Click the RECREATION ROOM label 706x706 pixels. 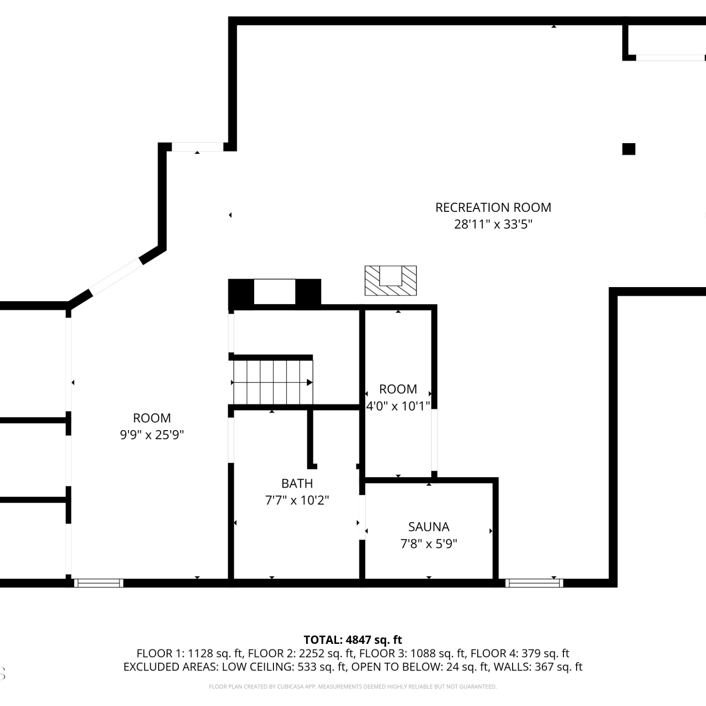(493, 208)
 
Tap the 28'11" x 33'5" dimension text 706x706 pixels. (493, 224)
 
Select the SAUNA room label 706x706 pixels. (429, 527)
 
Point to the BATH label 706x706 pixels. (297, 483)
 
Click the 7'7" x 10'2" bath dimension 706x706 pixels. (297, 500)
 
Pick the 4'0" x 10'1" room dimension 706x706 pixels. (398, 406)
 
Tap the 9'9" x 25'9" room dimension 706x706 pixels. (152, 434)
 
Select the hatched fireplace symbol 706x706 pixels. (391, 281)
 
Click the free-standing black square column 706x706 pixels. (629, 149)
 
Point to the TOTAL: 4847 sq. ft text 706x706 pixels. (353, 640)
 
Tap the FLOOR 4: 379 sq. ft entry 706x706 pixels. (520, 653)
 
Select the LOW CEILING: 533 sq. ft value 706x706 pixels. (284, 667)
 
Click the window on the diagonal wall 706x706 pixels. (116, 277)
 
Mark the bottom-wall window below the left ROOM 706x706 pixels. (99, 583)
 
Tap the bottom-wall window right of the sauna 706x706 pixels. (534, 583)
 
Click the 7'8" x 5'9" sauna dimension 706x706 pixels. (429, 544)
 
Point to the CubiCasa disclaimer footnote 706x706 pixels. (353, 687)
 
